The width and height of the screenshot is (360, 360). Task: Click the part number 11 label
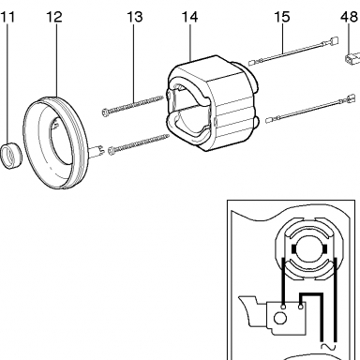pos(7,17)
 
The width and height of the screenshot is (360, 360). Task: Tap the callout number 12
pos(54,17)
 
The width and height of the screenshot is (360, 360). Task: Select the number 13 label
pos(135,17)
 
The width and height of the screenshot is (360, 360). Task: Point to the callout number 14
pos(189,17)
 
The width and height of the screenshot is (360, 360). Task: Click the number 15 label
pos(282,17)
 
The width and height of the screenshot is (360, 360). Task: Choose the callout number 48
pos(349,17)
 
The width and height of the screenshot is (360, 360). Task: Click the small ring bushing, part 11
pos(11,155)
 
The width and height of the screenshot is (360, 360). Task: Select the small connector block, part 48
pos(351,58)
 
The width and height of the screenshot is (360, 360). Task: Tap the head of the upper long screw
pos(106,112)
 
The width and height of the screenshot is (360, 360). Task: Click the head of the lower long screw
pos(112,151)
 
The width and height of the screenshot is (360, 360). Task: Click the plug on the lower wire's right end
pos(348,97)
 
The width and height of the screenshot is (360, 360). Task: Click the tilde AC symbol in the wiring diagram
pos(328,346)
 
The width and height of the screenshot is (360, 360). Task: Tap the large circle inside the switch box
pos(280,319)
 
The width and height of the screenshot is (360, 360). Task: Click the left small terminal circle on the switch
pos(283,307)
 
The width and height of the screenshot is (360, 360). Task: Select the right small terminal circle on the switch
pos(301,307)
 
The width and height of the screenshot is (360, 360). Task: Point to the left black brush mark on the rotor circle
pos(293,248)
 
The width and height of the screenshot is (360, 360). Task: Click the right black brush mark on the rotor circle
pos(325,248)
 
